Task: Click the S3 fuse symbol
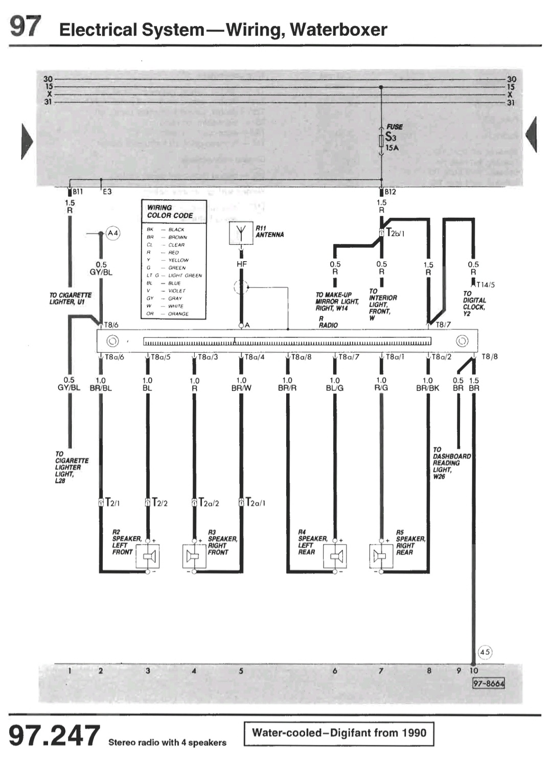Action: point(381,141)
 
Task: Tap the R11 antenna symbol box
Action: point(241,233)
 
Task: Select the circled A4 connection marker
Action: point(113,233)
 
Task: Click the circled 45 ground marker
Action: point(485,652)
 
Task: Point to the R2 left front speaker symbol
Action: point(148,556)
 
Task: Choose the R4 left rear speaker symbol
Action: point(335,556)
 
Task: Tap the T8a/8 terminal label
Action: point(301,357)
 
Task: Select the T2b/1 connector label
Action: point(395,233)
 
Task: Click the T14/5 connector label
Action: point(485,285)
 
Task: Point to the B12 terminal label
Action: point(390,192)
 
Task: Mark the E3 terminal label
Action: point(107,192)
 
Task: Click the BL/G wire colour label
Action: point(335,388)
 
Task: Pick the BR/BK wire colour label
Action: point(427,388)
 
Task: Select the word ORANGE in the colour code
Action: point(178,314)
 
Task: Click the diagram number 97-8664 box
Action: point(488,683)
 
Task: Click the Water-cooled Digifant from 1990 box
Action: point(339,733)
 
